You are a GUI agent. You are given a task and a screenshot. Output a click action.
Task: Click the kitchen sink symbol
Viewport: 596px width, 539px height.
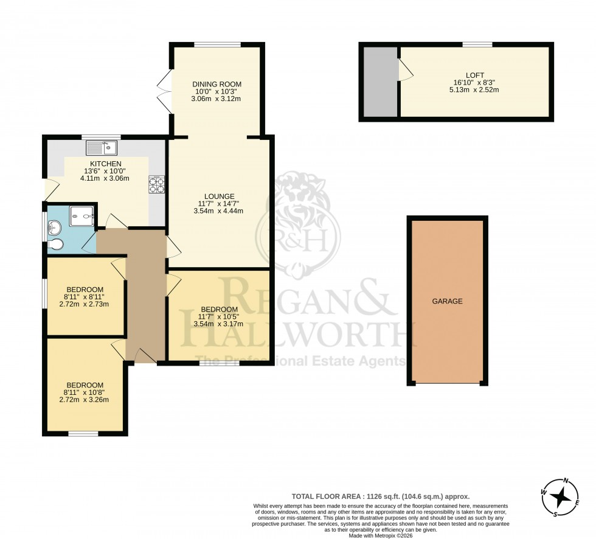point(102,147)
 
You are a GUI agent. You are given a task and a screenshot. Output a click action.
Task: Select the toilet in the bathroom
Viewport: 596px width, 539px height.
point(55,245)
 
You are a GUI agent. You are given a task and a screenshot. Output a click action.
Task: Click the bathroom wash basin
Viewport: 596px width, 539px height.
point(54,228)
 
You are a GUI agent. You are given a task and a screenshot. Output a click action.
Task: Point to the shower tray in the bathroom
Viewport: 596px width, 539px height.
point(81,215)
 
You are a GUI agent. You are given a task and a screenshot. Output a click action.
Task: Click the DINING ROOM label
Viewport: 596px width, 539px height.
point(217,84)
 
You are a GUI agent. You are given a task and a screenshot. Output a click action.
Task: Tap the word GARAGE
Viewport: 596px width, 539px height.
point(448,301)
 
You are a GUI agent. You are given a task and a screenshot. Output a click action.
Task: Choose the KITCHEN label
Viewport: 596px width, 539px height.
point(106,164)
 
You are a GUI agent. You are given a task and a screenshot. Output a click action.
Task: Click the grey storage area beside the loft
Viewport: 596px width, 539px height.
point(379,82)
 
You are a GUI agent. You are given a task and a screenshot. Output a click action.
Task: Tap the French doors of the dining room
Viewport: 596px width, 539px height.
point(162,89)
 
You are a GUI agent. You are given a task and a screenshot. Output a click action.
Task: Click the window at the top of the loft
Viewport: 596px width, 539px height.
point(477,44)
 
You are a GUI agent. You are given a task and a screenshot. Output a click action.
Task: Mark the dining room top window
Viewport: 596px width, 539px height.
point(217,44)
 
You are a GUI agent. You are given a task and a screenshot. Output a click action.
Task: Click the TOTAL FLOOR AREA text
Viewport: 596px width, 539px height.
point(381,496)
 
